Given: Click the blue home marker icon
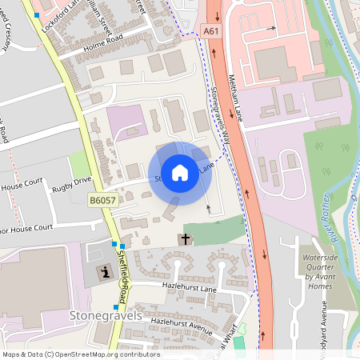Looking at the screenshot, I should pos(180,172).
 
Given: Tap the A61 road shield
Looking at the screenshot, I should pos(211,30).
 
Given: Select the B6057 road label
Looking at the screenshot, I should pos(103,200).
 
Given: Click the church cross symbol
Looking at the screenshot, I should pos(186,238).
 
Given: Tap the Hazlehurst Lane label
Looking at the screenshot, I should pos(178,286).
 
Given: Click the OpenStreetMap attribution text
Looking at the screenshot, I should pos(81,354).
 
